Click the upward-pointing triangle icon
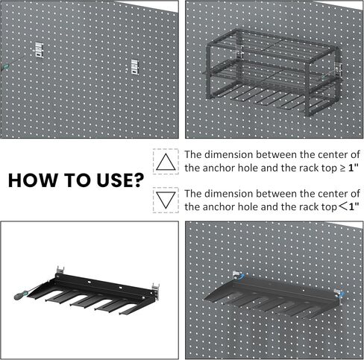pyautogui.click(x=166, y=161)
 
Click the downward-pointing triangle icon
pyautogui.click(x=166, y=199)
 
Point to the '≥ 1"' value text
pyautogui.click(x=346, y=168)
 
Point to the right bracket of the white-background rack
pyautogui.click(x=157, y=288)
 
